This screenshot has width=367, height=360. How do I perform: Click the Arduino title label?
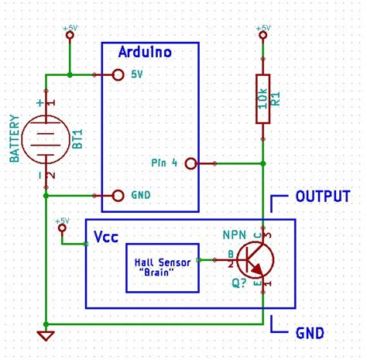point(144,53)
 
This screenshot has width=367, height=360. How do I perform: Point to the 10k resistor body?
point(263,100)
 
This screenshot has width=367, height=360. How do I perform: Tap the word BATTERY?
point(15,139)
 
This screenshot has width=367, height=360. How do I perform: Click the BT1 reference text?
point(77,139)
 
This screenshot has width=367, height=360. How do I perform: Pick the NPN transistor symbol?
point(254,261)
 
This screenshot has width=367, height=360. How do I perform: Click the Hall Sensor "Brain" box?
point(161,267)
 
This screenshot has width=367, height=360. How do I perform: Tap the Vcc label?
point(105,235)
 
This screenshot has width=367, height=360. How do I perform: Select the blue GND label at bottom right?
point(310,334)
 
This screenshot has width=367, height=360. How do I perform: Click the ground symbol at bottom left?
point(47,335)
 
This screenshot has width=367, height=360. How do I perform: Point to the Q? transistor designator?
point(239,283)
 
